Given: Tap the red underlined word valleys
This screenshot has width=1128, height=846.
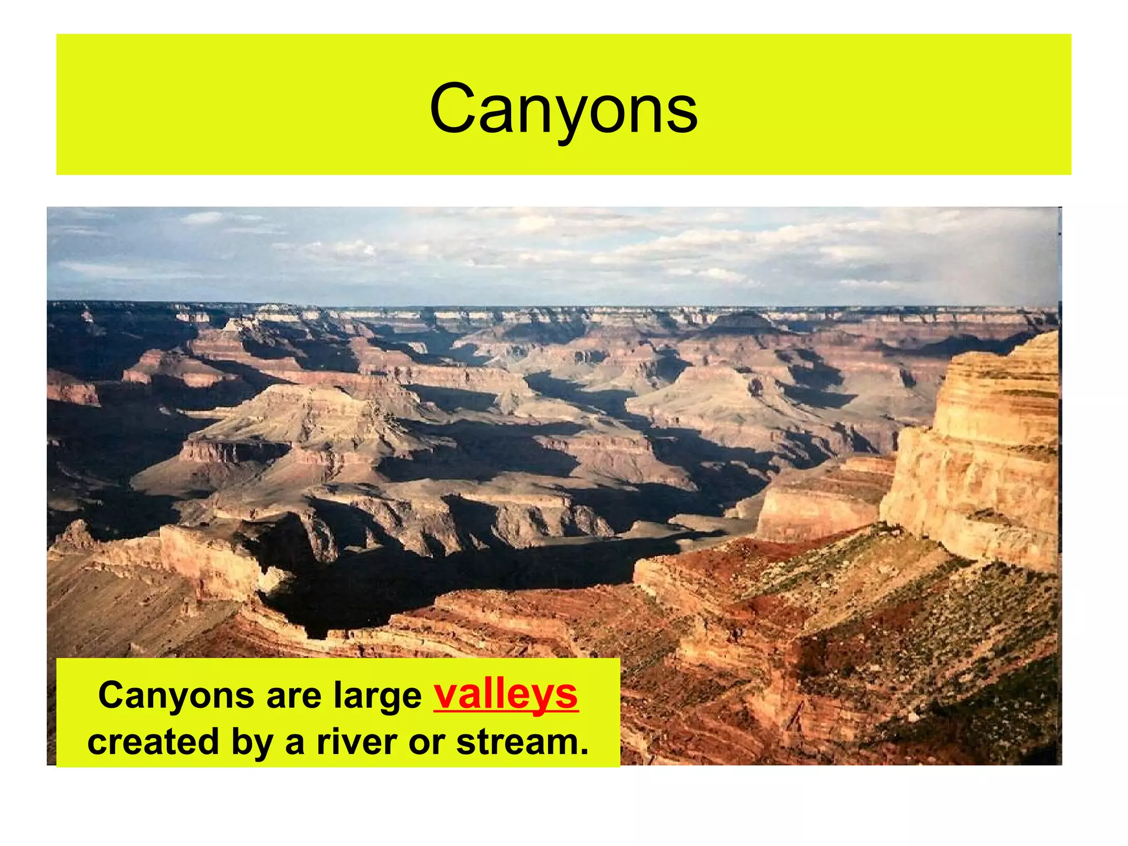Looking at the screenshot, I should click(506, 695).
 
